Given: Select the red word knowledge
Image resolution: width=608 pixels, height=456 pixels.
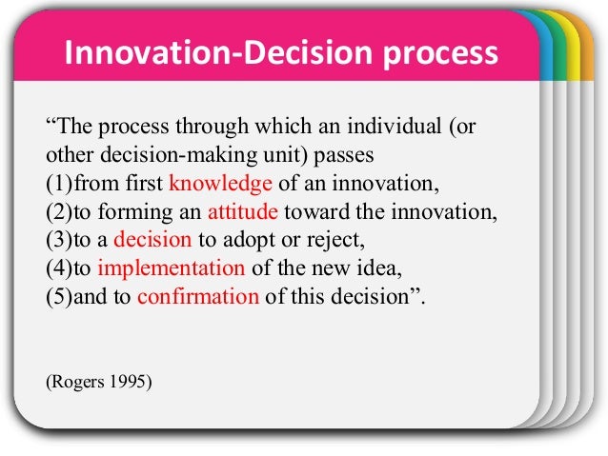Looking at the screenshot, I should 220,184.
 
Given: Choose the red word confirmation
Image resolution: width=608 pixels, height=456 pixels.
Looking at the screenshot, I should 197,295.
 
